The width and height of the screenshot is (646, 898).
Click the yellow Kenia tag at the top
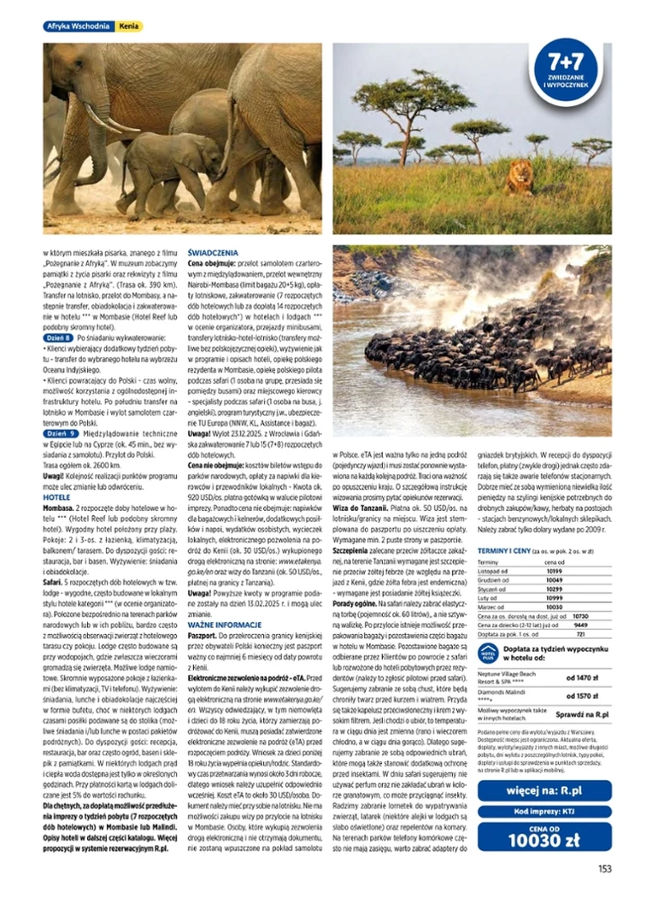click(129, 27)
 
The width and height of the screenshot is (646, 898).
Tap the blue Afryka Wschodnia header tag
click(78, 27)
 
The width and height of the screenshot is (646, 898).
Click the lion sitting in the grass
click(518, 178)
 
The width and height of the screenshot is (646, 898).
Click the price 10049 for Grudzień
click(555, 579)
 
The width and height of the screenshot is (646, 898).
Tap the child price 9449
click(582, 624)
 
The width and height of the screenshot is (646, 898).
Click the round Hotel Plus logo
click(488, 654)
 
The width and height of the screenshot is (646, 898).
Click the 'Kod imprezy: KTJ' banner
click(544, 812)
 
